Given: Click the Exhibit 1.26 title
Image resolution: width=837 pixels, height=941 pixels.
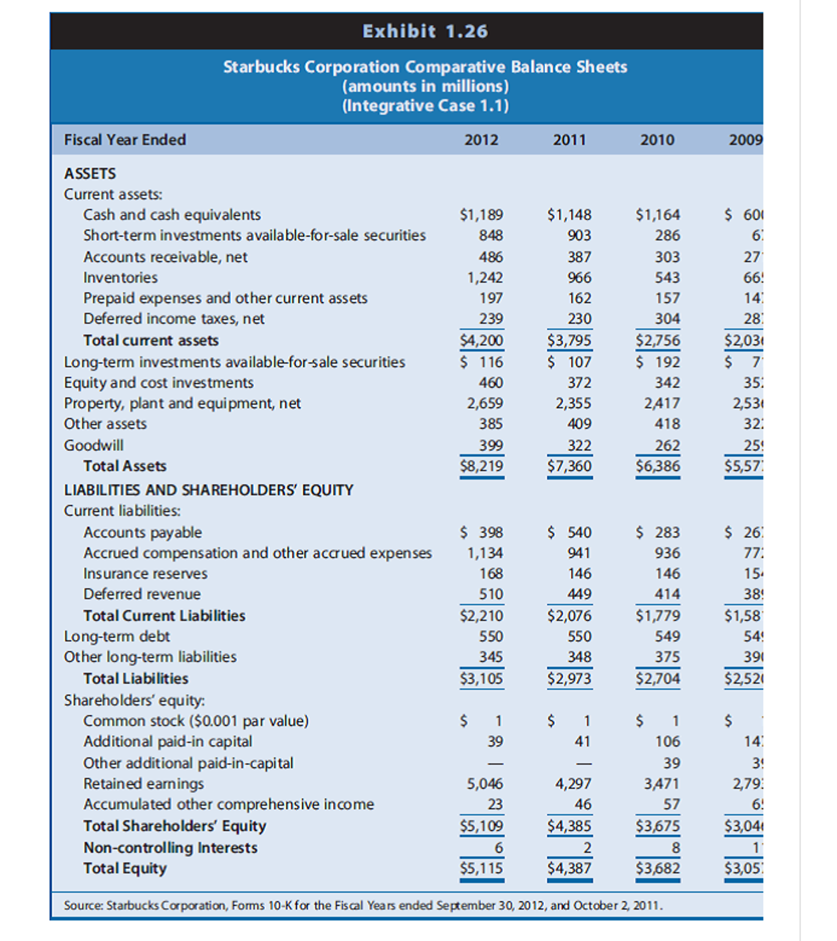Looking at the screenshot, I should pos(425,31).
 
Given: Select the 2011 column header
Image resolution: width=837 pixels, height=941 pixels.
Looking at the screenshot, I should pos(569,140).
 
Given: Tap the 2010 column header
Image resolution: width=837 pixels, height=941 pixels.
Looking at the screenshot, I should pos(657,140).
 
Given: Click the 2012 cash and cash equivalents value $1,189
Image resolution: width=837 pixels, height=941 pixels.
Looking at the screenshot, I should pos(482,215).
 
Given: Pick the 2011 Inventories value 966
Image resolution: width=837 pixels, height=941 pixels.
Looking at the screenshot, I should pos(579,278).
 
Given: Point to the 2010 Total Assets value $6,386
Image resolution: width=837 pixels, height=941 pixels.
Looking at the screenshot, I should pos(658,466).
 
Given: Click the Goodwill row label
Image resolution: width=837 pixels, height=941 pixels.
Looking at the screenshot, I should pos(93,445).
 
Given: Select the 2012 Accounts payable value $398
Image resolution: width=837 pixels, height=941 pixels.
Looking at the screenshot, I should pos(482,532).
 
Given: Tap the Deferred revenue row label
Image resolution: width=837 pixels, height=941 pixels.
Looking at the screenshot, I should pos(142,594).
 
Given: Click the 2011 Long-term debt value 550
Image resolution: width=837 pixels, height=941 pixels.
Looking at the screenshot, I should pos(579,636).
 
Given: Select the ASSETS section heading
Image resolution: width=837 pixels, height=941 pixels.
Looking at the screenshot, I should pos(90,173).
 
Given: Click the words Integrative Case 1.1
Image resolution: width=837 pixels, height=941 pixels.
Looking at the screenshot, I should pos(425,106).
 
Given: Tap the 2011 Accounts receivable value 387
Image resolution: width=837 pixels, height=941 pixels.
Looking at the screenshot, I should pos(579,257).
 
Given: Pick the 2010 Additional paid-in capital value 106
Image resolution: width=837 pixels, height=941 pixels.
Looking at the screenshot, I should pos(668,741).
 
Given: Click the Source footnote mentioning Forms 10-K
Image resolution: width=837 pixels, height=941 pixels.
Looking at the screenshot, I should pos(363,906).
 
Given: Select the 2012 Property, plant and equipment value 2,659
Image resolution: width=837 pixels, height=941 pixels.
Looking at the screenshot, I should pos(485,403).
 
